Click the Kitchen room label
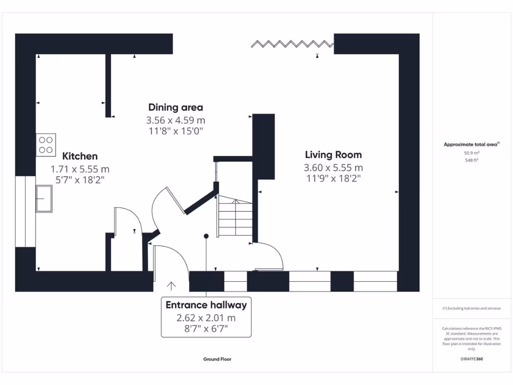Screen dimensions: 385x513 (x=80, y=156)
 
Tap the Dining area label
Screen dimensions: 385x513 (x=175, y=107)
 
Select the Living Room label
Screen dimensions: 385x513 (x=333, y=155)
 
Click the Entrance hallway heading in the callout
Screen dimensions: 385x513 (x=206, y=305)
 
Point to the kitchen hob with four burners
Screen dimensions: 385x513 (x=46, y=145)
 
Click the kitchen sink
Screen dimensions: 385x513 (x=44, y=198)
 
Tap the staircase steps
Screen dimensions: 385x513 (x=234, y=217)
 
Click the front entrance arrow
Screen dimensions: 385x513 (x=171, y=286)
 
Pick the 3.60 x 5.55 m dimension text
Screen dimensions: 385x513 (x=333, y=168)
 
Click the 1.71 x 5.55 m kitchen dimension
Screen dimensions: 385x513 (x=80, y=169)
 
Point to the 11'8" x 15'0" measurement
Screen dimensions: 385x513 (x=175, y=131)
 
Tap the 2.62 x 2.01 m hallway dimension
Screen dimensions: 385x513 (x=206, y=318)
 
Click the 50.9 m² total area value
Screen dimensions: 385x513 (x=471, y=152)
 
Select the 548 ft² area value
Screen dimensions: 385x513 (x=471, y=160)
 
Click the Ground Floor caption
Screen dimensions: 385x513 (x=217, y=359)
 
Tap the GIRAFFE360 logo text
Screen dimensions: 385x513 (x=471, y=359)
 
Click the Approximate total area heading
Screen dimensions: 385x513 (x=470, y=144)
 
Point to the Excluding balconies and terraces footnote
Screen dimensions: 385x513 (x=471, y=308)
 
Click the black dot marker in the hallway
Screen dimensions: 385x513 (x=206, y=236)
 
